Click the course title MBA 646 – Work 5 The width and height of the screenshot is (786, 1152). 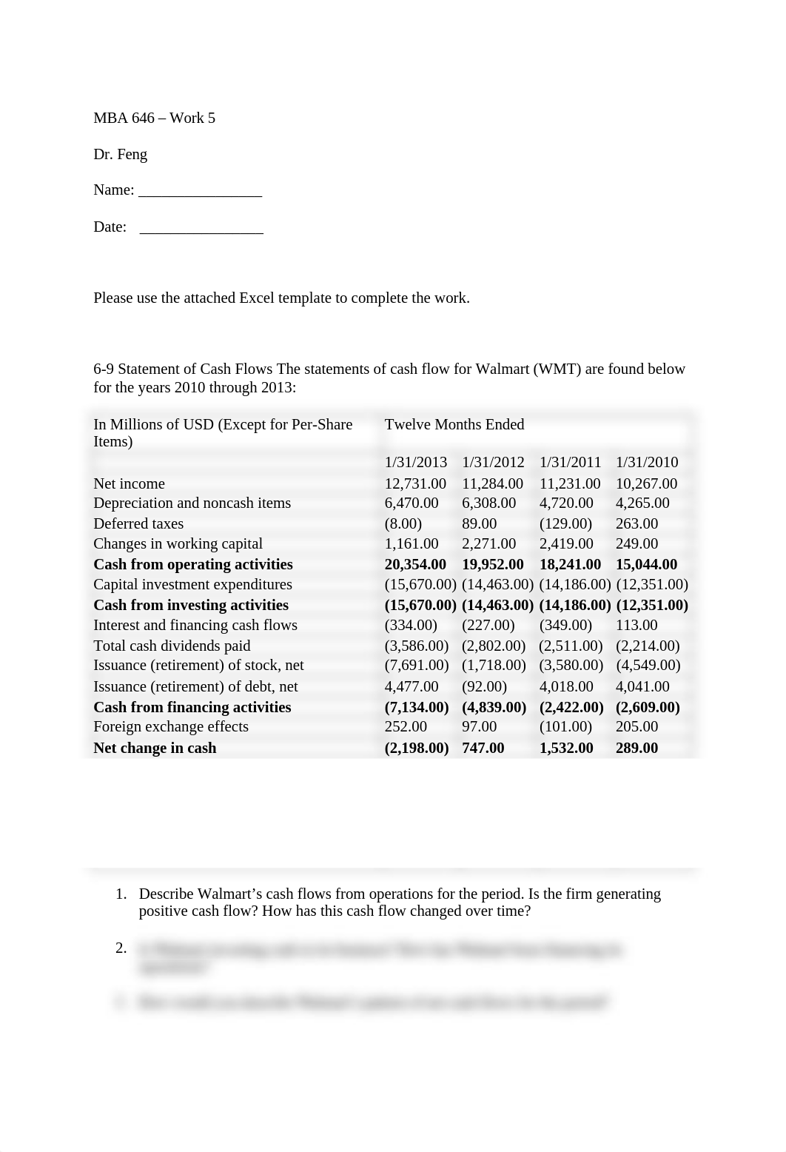pyautogui.click(x=154, y=118)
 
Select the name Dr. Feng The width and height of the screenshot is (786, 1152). pyautogui.click(x=120, y=154)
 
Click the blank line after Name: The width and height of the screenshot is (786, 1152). pyautogui.click(x=200, y=191)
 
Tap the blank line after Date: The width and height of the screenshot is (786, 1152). pyautogui.click(x=201, y=227)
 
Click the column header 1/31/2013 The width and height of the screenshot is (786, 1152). pyautogui.click(x=416, y=462)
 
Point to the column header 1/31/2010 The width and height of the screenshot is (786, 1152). pyautogui.click(x=647, y=462)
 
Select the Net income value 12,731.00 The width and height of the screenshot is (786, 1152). pyautogui.click(x=415, y=483)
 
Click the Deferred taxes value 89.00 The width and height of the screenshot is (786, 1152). pyautogui.click(x=479, y=523)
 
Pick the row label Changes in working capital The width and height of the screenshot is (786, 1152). pyautogui.click(x=178, y=543)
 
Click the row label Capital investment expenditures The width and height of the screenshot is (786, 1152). pyautogui.click(x=192, y=584)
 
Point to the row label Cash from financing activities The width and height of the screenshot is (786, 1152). pyautogui.click(x=192, y=707)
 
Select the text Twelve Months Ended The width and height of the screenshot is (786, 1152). pyautogui.click(x=454, y=424)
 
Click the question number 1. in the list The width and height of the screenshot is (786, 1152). pyautogui.click(x=121, y=894)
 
